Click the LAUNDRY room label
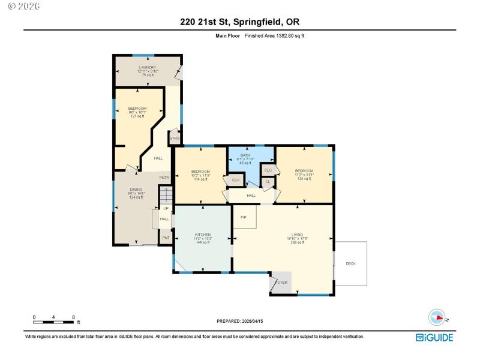pos(148,67)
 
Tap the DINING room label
pos(136,190)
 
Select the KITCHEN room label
pos(203,235)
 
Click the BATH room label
pos(245,155)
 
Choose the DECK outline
pos(350,263)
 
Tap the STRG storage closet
pos(175,138)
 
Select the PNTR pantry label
pos(164,178)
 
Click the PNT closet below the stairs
pos(166,238)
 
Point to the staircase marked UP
pos(166,197)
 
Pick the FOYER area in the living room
pos(281,282)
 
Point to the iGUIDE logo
pos(435,337)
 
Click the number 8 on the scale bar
pos(73,317)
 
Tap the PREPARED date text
pos(240,321)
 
